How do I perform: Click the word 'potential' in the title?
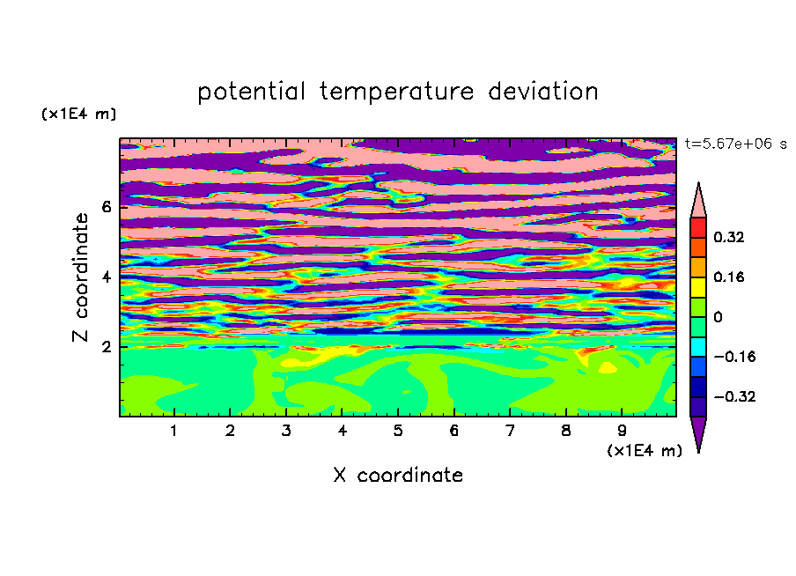pos(251,92)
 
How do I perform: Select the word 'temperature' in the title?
pos(397,92)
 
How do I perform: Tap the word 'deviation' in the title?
pos(543,92)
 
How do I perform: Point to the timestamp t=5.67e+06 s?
pos(735,144)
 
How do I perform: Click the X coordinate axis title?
pos(398,475)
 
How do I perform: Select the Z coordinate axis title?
pos(80,277)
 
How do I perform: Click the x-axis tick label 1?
pos(173,431)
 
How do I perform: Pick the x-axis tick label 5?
pos(398,431)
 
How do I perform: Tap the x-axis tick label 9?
pos(622,431)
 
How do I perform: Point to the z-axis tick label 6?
pos(106,207)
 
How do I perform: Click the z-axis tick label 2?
pos(106,347)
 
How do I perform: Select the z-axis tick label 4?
pos(106,277)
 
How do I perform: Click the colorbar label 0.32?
pos(729,237)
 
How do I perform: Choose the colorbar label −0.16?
pos(734,357)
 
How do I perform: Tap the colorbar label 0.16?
pos(729,277)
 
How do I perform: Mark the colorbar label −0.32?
pos(734,396)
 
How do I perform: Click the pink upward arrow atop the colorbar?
pos(698,203)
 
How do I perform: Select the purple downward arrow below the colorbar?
pos(698,431)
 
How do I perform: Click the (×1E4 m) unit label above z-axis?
pos(78,114)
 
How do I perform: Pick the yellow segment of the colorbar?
pos(698,287)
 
